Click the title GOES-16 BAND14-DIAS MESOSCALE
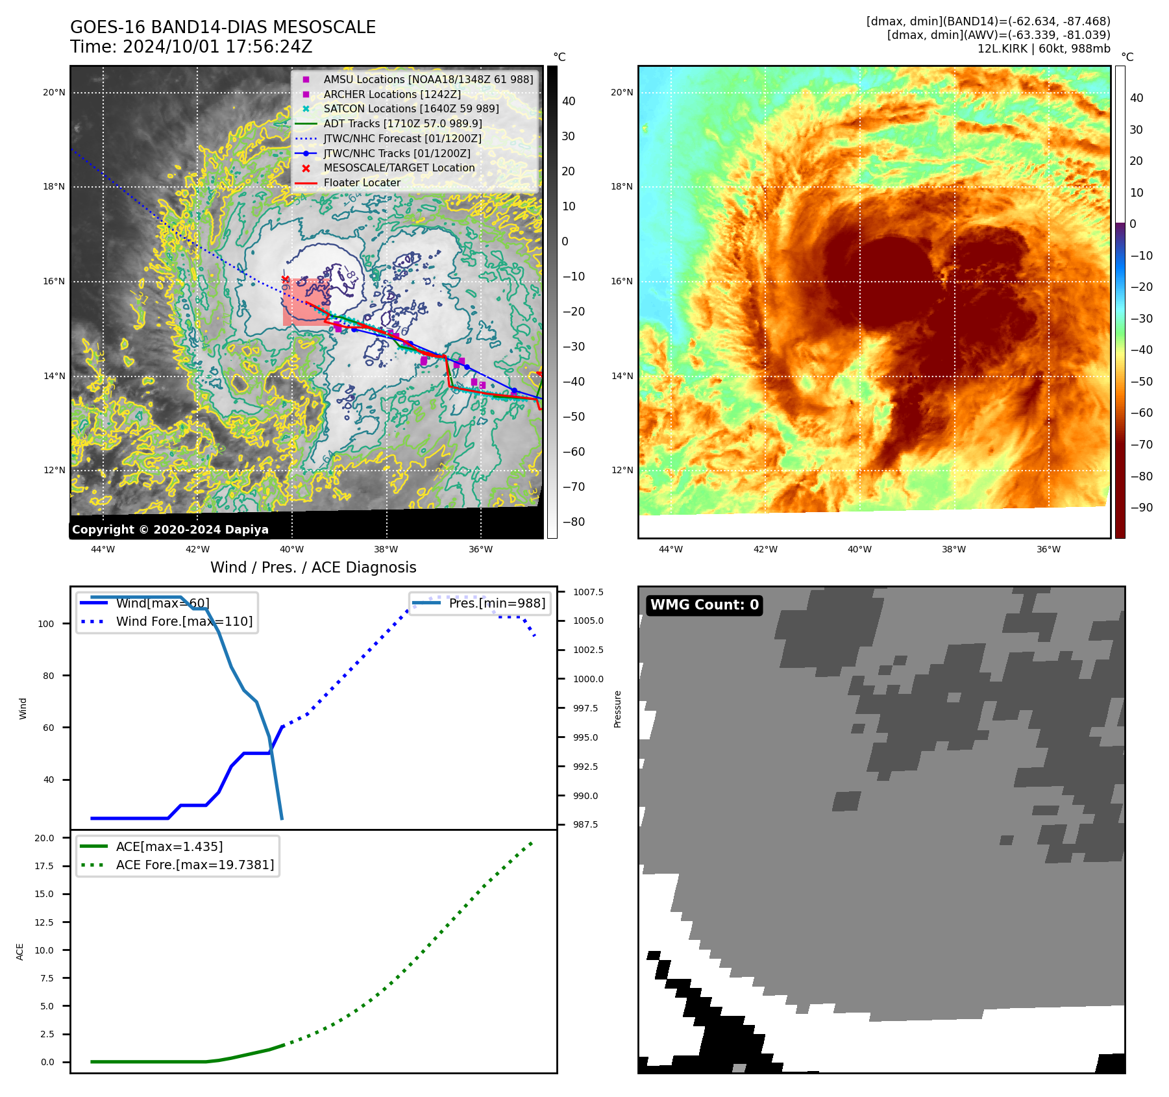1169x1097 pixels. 223,27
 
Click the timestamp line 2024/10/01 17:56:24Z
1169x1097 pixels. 217,47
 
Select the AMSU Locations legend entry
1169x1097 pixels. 428,79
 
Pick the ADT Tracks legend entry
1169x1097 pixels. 402,123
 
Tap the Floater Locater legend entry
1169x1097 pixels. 362,182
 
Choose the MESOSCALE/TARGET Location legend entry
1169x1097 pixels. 399,167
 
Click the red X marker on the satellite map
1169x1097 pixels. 285,279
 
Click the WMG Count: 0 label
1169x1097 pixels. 704,605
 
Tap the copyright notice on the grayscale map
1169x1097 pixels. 170,529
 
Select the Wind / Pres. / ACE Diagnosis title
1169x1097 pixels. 313,567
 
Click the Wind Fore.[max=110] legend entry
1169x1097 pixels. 184,621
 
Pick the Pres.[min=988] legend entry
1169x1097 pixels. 497,603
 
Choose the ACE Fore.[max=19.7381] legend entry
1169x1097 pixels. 195,865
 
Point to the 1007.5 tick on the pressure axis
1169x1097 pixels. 588,592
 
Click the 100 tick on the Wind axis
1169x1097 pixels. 46,624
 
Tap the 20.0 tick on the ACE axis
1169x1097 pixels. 44,838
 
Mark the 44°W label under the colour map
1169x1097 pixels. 671,549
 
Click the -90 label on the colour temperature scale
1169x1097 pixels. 1141,508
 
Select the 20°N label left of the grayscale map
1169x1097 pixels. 54,92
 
